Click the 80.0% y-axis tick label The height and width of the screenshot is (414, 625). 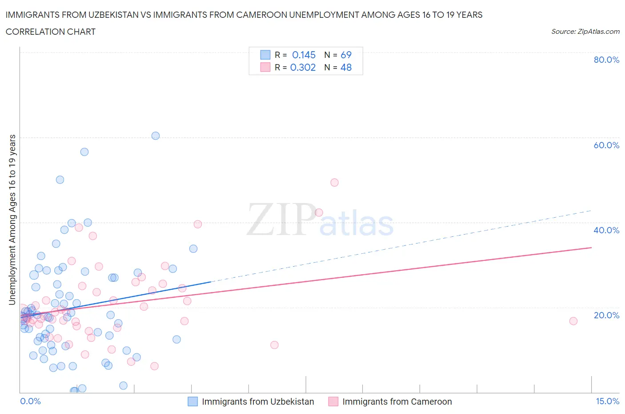(606, 60)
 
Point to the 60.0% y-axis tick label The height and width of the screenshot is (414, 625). (606, 145)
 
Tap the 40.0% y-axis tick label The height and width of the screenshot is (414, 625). (606, 230)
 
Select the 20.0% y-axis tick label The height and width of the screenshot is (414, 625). (606, 315)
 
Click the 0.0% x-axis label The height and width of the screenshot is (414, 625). (30, 401)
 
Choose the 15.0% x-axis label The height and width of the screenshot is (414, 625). (607, 401)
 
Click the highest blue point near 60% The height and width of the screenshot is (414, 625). (156, 136)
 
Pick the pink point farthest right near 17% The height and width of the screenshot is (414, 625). (573, 321)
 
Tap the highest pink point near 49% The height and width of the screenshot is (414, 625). (335, 183)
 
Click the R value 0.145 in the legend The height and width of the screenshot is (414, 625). (304, 55)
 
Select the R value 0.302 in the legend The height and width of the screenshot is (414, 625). (303, 67)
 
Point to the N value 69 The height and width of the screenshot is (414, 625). (346, 55)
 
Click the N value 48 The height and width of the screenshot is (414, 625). (346, 67)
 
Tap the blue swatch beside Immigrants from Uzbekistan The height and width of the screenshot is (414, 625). (192, 402)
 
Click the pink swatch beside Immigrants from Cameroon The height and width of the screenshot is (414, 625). (333, 402)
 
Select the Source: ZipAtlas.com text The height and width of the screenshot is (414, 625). (585, 32)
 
